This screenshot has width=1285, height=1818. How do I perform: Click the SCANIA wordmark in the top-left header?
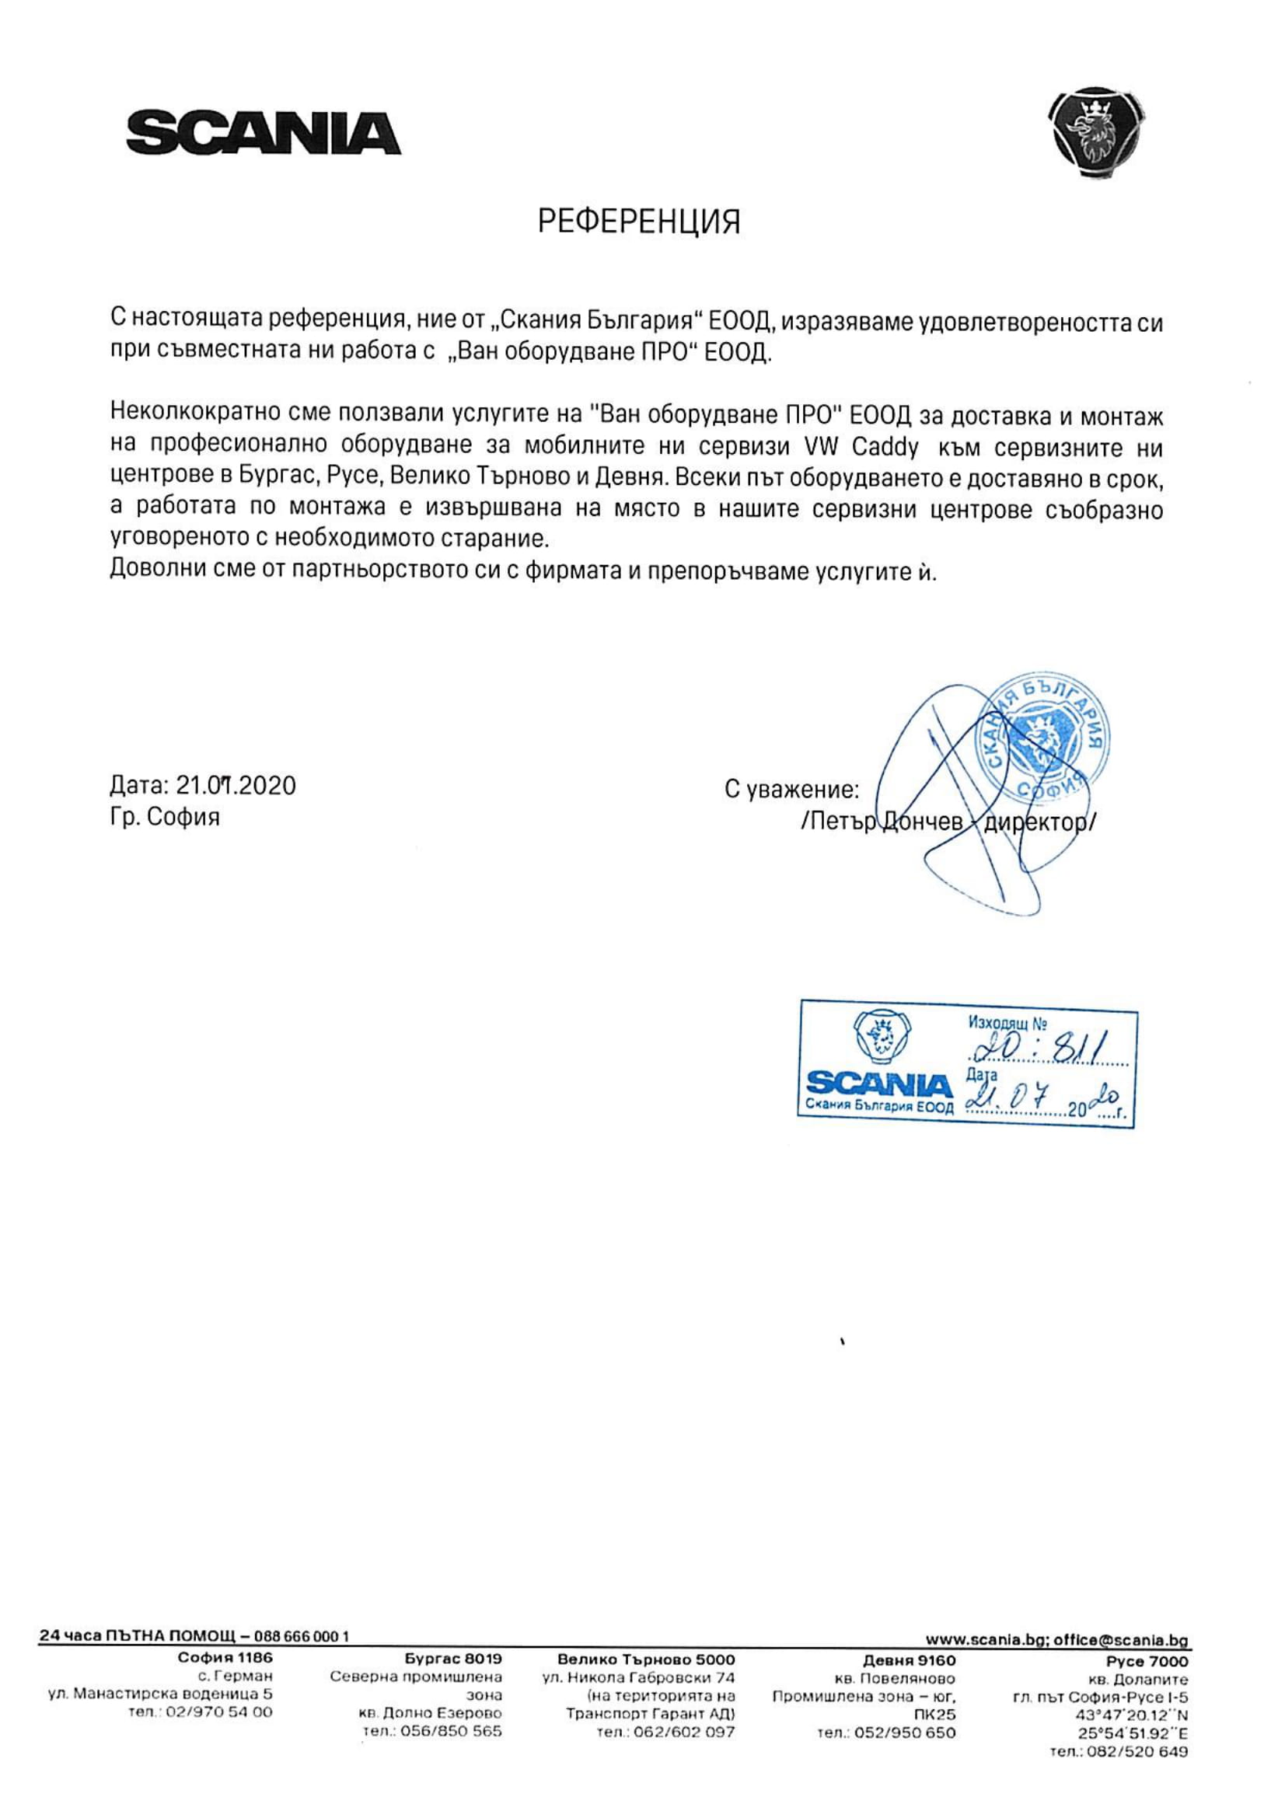(264, 133)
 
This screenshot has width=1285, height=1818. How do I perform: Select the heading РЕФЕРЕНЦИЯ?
(639, 222)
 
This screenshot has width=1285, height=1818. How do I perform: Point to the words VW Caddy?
(861, 448)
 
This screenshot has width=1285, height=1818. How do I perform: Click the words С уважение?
(791, 790)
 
